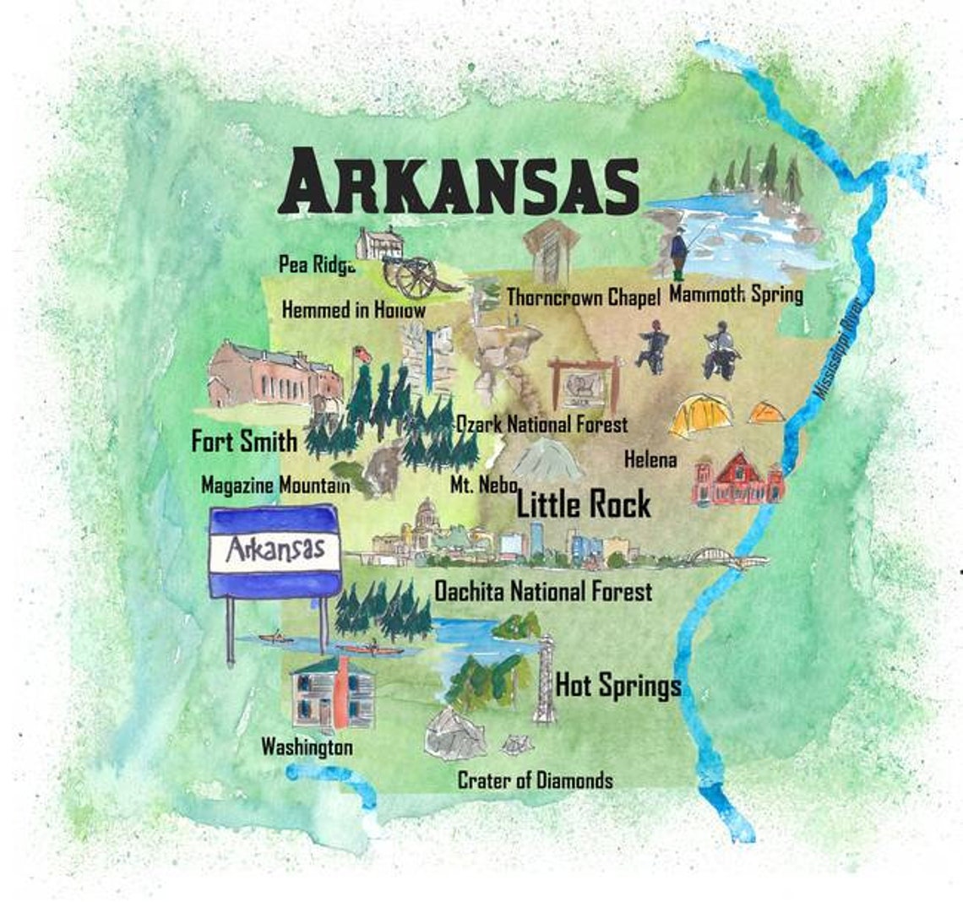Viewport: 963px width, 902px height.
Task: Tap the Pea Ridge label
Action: (316, 264)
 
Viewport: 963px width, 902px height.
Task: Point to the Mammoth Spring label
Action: (735, 295)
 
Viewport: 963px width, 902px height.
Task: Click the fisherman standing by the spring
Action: (678, 252)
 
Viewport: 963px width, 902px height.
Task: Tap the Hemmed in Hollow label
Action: (353, 310)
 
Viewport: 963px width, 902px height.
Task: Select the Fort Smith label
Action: (244, 441)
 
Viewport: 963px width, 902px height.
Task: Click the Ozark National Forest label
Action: (541, 424)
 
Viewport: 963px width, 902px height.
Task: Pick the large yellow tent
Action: (700, 416)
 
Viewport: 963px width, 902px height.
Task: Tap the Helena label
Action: (650, 459)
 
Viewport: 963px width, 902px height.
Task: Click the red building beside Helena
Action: (737, 480)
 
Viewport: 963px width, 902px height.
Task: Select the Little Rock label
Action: (583, 505)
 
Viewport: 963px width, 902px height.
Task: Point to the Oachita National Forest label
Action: (542, 591)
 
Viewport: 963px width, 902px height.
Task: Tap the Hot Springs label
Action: (618, 686)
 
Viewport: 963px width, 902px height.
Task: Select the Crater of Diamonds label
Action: (535, 780)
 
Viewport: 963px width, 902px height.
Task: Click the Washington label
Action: (307, 747)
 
